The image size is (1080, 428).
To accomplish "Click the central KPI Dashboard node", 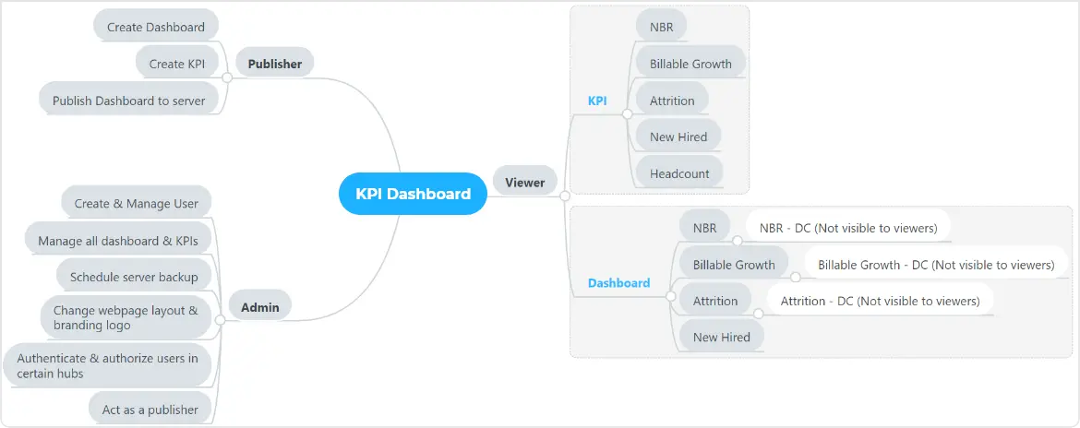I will (413, 194).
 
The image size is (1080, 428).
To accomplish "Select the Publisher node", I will (275, 64).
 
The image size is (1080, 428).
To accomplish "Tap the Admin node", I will (259, 307).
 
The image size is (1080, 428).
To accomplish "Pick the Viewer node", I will (524, 183).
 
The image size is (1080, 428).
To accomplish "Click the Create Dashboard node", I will (156, 27).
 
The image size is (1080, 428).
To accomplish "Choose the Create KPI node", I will (176, 64).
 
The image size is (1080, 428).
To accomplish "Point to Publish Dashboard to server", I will (128, 101).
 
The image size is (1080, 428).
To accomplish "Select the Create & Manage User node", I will (137, 204).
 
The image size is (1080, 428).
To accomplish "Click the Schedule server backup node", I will (134, 276).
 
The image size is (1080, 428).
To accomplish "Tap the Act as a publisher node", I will (150, 410).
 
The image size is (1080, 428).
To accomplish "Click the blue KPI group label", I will (597, 101).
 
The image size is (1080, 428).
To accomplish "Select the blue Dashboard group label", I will (618, 283).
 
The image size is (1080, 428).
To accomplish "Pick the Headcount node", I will (679, 173).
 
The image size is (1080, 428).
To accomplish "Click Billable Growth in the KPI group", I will (690, 64).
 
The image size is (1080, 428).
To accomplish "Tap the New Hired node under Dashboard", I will (721, 338).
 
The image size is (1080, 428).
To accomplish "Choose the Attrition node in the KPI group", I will (672, 101).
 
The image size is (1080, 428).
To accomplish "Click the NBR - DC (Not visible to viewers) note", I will (848, 228).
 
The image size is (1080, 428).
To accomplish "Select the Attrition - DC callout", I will (880, 301).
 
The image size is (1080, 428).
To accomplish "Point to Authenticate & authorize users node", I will (107, 366).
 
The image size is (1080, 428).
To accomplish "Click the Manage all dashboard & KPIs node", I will (118, 242).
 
